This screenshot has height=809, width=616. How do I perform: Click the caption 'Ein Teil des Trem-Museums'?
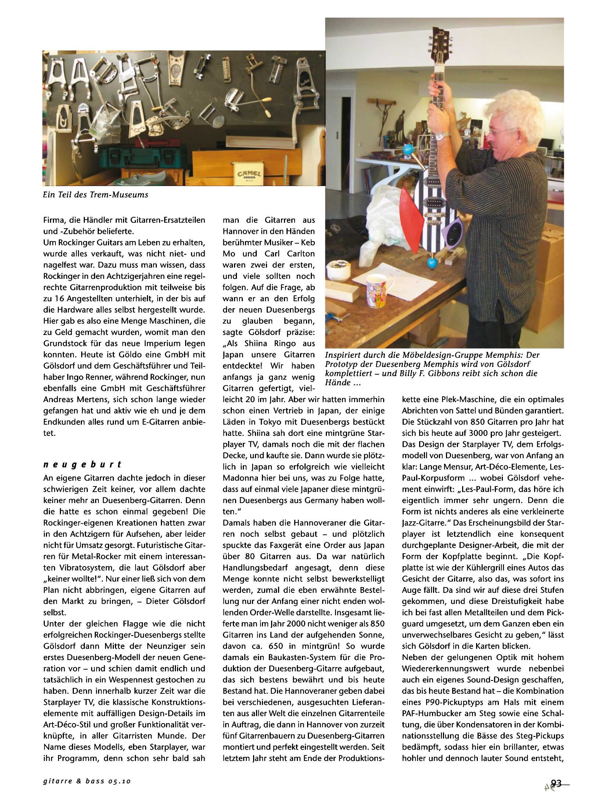tap(96, 195)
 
